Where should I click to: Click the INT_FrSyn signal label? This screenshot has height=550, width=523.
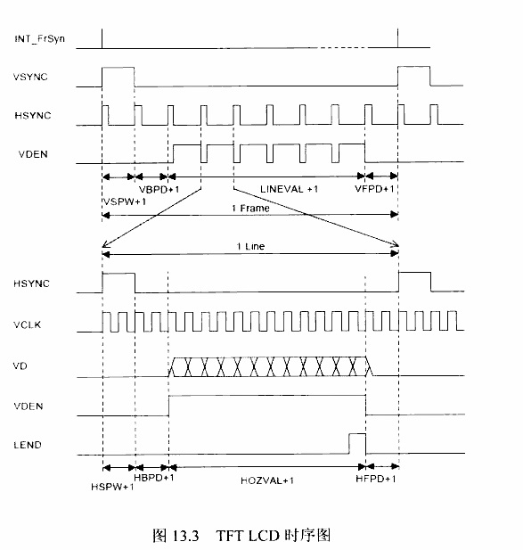coord(39,38)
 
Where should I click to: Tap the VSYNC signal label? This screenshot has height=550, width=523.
coord(30,77)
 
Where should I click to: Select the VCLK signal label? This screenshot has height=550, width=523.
coord(28,324)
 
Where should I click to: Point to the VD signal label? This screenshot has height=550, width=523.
coord(20,366)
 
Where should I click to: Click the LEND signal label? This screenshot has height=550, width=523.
coord(28,445)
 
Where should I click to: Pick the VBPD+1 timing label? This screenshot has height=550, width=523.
coord(159,189)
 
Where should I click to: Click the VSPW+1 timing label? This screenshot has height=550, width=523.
coord(125,201)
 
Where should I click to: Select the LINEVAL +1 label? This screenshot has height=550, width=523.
coord(290,189)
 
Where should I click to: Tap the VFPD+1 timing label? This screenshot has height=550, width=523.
coord(375,189)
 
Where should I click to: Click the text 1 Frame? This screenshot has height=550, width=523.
coord(250,209)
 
